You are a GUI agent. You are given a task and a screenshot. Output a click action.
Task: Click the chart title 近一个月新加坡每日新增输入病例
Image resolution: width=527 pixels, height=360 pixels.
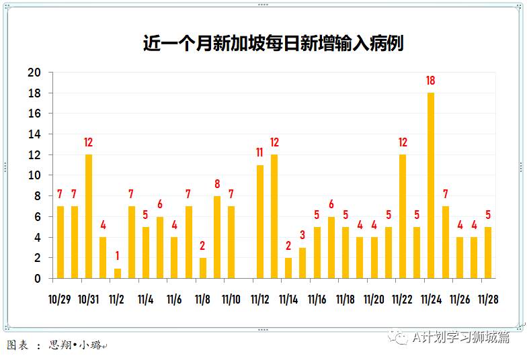tap(273, 44)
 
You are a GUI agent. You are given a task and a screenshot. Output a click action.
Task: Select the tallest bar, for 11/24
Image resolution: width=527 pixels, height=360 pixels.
tap(431, 185)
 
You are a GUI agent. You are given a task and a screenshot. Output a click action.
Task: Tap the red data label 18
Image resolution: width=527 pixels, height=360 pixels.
tap(431, 81)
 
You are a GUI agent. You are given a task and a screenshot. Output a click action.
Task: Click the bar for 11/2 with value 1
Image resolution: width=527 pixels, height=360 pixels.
tap(118, 273)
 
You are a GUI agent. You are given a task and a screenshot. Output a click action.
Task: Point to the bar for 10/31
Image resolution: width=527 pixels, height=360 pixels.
tap(89, 216)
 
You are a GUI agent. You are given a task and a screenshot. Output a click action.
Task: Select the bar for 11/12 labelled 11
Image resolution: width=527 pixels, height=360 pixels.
tap(260, 222)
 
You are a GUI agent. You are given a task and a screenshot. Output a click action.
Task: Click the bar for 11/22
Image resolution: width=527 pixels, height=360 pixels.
tap(403, 216)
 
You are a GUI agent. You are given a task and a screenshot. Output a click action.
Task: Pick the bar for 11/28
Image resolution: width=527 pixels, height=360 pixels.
tap(488, 253)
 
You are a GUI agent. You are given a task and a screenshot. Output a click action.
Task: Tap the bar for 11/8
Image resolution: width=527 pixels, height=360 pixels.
tap(203, 268)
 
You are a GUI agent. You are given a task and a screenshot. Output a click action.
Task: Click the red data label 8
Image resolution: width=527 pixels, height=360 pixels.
tap(217, 184)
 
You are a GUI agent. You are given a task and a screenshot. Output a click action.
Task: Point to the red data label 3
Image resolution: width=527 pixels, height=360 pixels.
tap(302, 236)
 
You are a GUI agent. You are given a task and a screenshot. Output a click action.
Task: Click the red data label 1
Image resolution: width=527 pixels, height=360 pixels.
tap(118, 257)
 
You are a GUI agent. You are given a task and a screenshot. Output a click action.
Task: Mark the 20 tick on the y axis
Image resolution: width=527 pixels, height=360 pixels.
tap(34, 73)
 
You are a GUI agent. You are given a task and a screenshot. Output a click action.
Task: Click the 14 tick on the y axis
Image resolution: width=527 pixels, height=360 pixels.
tap(34, 134)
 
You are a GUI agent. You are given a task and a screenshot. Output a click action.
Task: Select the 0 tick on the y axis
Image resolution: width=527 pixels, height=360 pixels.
tap(38, 279)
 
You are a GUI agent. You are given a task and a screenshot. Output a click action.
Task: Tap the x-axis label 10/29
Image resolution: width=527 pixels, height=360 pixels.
tap(60, 299)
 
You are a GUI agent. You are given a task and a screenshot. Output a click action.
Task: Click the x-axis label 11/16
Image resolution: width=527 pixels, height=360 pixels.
tap(317, 299)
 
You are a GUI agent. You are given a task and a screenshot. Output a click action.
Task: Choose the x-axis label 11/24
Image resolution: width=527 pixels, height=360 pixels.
tap(431, 299)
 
